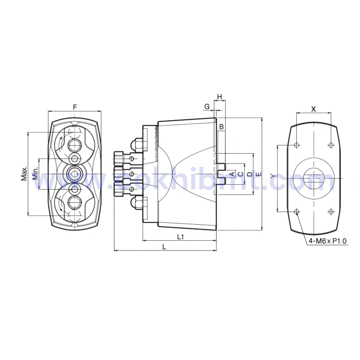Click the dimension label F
pyautogui.click(x=74, y=107)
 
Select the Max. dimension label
pyautogui.click(x=24, y=173)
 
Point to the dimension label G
pyautogui.click(x=207, y=106)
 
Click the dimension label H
pyautogui.click(x=220, y=97)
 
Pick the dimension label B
pyautogui.click(x=221, y=127)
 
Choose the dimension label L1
pyautogui.click(x=180, y=236)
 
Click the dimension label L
pyautogui.click(x=164, y=247)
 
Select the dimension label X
pyautogui.click(x=314, y=109)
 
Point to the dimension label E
pyautogui.click(x=258, y=174)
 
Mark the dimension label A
pyautogui.click(x=232, y=174)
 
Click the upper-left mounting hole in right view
pyautogui.click(x=297, y=145)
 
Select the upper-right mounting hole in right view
pyautogui.click(x=331, y=145)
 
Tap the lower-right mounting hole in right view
pyautogui.click(x=331, y=211)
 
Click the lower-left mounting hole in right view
pyautogui.click(x=297, y=211)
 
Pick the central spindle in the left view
pyautogui.click(x=74, y=173)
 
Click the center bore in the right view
pyautogui.click(x=314, y=178)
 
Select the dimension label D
pyautogui.click(x=250, y=174)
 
